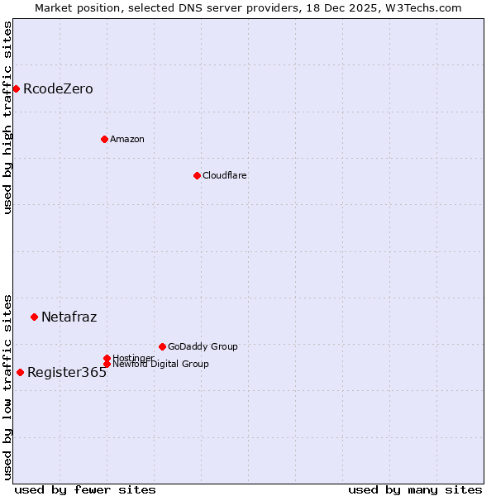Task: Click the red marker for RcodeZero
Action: (x=16, y=88)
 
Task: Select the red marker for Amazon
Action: (x=104, y=139)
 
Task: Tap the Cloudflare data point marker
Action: (x=197, y=175)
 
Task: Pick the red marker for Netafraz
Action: (x=34, y=317)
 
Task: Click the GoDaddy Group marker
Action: (x=162, y=346)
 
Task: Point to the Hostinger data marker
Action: (x=107, y=358)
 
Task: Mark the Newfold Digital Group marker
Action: (x=107, y=364)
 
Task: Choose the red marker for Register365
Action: (x=20, y=372)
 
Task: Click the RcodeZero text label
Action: (x=58, y=89)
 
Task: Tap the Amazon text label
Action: (x=126, y=140)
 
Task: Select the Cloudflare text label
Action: (x=224, y=176)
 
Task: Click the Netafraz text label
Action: (x=69, y=317)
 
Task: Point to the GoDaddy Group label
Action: (x=203, y=347)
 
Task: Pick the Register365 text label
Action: (x=67, y=373)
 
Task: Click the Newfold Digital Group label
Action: (x=160, y=365)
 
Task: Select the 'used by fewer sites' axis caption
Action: (x=85, y=489)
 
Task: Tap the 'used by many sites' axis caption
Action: (x=415, y=489)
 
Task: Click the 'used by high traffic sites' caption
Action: (x=7, y=117)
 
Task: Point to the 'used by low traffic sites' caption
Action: (x=7, y=386)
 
